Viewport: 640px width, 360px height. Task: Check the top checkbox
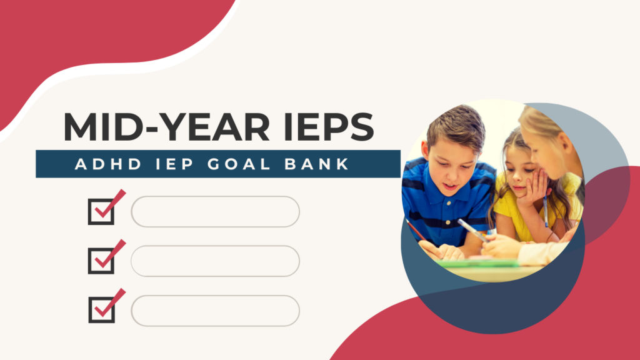point(101,211)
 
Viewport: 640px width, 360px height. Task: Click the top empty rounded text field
point(215,211)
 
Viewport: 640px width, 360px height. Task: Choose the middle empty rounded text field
point(215,261)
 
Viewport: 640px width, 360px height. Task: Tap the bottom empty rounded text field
point(215,310)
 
